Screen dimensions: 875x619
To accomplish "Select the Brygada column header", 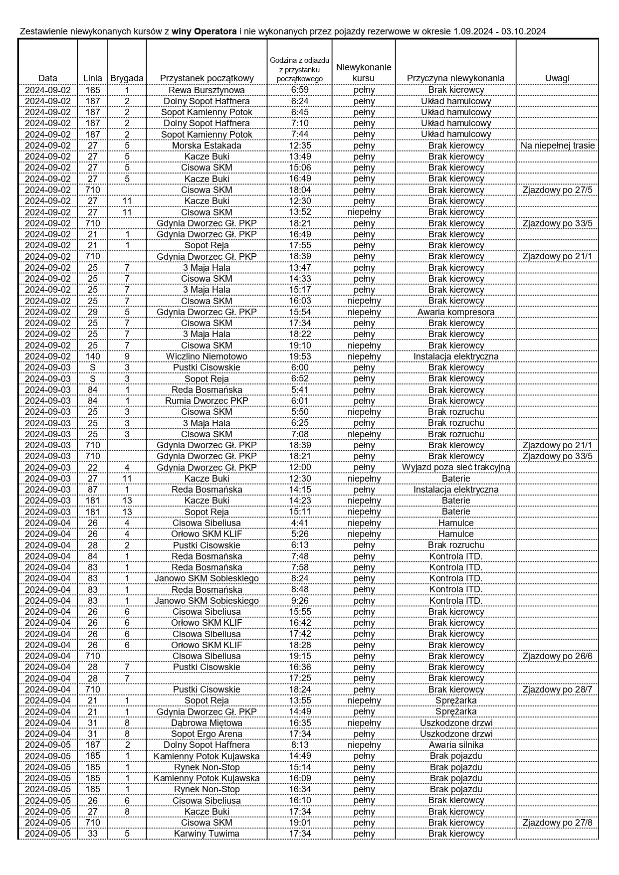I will [x=127, y=78].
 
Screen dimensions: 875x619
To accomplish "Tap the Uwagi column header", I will [x=557, y=78].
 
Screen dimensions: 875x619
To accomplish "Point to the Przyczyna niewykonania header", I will [x=455, y=78].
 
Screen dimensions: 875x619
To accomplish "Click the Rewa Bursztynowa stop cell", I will [x=206, y=90].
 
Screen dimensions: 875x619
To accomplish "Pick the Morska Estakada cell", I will [x=206, y=146].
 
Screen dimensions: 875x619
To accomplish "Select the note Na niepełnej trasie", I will [x=557, y=146].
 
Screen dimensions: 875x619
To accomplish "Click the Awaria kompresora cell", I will [x=456, y=312].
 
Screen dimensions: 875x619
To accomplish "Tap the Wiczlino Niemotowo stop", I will [x=206, y=356].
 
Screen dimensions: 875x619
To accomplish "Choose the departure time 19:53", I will [x=299, y=356].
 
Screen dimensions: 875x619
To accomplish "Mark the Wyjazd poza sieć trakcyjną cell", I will [x=456, y=467].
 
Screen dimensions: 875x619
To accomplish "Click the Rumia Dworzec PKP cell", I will [x=206, y=401].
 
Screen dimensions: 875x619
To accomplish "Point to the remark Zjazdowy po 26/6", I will [x=557, y=656].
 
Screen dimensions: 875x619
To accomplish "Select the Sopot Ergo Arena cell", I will [x=206, y=734].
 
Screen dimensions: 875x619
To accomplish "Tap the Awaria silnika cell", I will [x=456, y=745].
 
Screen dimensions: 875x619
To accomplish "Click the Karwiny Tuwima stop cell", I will [x=206, y=834].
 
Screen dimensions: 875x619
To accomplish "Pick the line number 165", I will [x=93, y=90].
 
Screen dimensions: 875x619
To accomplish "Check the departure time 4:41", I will [x=299, y=523].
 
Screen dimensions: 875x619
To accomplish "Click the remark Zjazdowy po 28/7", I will [x=557, y=690].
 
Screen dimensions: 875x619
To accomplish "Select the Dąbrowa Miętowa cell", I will [x=206, y=723].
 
